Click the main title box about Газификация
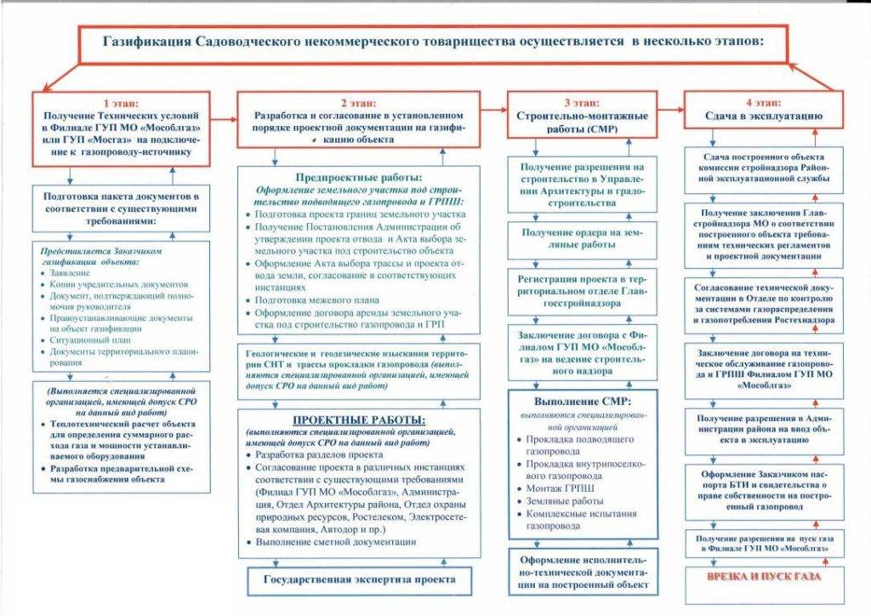click(x=435, y=42)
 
